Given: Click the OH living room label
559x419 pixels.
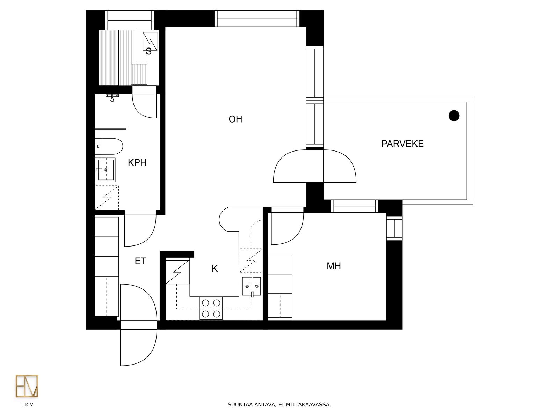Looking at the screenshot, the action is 235,119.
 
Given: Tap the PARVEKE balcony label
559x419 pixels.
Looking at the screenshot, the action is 402,144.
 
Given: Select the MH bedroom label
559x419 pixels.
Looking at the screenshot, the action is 334,266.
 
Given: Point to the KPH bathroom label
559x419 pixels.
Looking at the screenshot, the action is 137,163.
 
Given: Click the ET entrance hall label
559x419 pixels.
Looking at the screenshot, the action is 140,261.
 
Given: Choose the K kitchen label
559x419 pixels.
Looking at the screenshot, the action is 215,269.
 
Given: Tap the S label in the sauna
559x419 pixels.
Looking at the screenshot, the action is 148,52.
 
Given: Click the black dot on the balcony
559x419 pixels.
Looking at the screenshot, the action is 454,116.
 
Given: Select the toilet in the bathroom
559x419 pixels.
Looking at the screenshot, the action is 109,146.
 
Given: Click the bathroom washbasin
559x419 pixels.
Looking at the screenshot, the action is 105,170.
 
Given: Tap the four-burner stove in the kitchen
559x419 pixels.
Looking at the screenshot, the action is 211,308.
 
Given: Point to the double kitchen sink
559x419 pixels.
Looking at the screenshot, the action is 251,286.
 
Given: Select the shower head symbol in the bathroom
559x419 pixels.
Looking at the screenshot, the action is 112,97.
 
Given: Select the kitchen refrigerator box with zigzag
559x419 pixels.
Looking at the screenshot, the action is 177,272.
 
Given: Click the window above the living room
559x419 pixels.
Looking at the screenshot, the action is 257,19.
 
